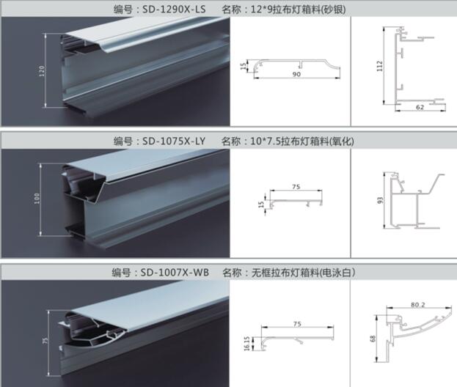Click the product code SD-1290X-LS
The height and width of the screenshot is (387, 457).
pyautogui.click(x=174, y=10)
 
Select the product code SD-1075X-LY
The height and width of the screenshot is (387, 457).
pyautogui.click(x=174, y=141)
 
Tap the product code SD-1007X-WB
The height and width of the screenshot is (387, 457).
pyautogui.click(x=175, y=273)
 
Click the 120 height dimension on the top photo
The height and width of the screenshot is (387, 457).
pyautogui.click(x=42, y=71)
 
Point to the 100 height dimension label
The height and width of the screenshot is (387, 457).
pyautogui.click(x=37, y=199)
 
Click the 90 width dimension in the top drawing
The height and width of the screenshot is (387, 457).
pyautogui.click(x=296, y=74)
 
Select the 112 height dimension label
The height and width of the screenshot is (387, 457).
pyautogui.click(x=379, y=66)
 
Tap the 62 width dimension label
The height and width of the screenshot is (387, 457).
pyautogui.click(x=420, y=107)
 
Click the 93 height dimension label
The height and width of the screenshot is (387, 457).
pyautogui.click(x=380, y=200)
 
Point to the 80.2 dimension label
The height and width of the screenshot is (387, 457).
pyautogui.click(x=418, y=305)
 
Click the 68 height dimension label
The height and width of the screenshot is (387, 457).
pyautogui.click(x=373, y=339)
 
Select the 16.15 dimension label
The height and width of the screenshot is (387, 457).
pyautogui.click(x=246, y=344)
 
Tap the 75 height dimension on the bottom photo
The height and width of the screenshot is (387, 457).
pyautogui.click(x=45, y=341)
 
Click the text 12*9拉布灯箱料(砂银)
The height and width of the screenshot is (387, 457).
pyautogui.click(x=298, y=10)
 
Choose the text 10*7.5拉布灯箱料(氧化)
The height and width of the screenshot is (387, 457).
pyautogui.click(x=302, y=141)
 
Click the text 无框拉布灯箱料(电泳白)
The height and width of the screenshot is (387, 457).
pyautogui.click(x=304, y=273)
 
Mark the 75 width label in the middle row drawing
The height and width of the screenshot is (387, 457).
pyautogui.click(x=296, y=187)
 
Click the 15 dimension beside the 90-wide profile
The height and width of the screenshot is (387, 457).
pyautogui.click(x=244, y=67)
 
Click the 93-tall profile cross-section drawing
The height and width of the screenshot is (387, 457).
pyautogui.click(x=414, y=201)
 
